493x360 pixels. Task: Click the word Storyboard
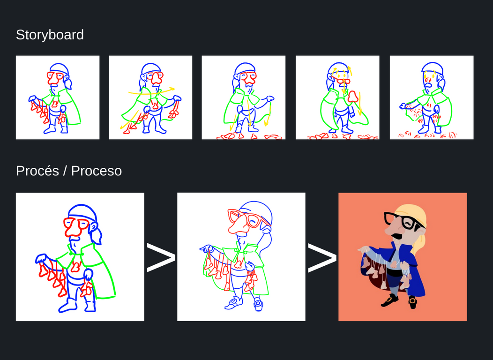click(50, 35)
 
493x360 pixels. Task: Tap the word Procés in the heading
click(37, 171)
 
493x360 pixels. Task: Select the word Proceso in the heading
click(96, 171)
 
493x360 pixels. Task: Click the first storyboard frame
click(58, 97)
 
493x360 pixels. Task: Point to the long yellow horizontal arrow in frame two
click(151, 91)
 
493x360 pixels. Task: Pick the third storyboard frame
click(243, 97)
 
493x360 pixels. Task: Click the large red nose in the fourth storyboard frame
click(352, 97)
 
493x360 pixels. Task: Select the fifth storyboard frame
click(431, 97)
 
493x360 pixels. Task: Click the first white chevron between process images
click(161, 257)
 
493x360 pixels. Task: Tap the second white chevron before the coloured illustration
click(322, 257)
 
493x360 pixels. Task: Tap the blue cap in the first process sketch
click(82, 211)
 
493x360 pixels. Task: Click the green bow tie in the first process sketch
click(74, 253)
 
